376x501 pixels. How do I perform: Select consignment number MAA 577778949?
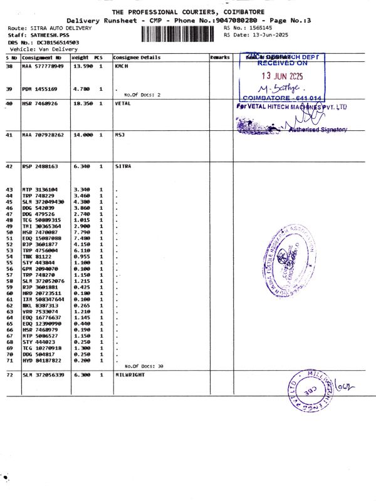(x=43, y=66)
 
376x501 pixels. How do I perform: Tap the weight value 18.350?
(x=83, y=103)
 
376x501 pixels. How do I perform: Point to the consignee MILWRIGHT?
(x=130, y=374)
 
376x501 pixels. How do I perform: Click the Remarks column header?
(x=220, y=58)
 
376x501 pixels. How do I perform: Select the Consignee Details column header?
(x=137, y=58)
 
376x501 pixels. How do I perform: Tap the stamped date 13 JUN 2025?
(x=283, y=76)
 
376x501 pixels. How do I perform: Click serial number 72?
(x=9, y=374)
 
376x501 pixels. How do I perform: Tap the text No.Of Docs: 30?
(x=144, y=366)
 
